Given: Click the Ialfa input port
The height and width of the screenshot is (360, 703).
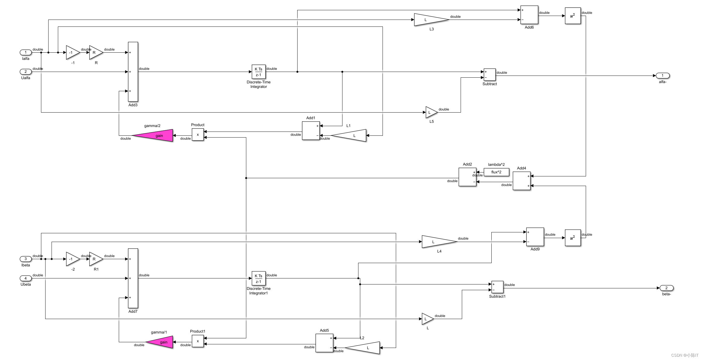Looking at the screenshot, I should point(26,52).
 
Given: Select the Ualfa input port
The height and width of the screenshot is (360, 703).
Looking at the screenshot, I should point(26,72).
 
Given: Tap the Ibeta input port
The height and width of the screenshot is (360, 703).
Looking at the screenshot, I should point(26,259).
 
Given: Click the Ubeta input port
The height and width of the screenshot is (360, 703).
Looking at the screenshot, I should point(26,278).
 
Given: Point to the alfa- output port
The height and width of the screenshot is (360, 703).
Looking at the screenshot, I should point(662,76).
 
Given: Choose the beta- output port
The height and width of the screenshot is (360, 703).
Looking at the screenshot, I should point(666,288).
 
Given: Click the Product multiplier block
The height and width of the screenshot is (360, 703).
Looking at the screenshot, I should point(198,135).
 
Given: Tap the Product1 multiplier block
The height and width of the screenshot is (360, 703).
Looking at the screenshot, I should point(198,341).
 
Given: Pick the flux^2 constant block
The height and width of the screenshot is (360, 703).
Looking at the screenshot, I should point(496,172).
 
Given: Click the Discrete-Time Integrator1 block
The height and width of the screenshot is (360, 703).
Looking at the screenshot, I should point(258,278).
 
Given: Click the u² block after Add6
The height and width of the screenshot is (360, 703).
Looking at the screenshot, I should point(572,16).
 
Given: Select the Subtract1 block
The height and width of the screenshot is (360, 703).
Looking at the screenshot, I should point(497,287).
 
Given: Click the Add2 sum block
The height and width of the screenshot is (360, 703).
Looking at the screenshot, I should point(467,177).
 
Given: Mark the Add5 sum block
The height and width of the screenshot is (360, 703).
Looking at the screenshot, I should point(324,343).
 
